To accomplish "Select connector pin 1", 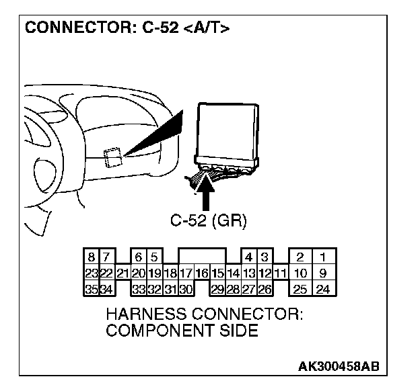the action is [x=323, y=257].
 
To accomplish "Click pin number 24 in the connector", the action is [x=323, y=290].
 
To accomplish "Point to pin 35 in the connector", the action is [x=91, y=290].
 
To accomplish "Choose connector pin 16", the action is [x=201, y=273].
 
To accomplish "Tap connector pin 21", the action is [x=122, y=273].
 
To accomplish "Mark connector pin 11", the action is [x=281, y=273].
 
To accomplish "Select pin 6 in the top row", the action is [x=138, y=257].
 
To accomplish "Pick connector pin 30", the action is [x=186, y=290].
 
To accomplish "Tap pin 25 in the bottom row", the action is [x=302, y=290].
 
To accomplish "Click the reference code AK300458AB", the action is [x=339, y=366].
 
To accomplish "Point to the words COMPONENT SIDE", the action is [x=182, y=330].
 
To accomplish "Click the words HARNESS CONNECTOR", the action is [x=205, y=314].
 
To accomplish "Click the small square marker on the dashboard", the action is [x=113, y=155].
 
